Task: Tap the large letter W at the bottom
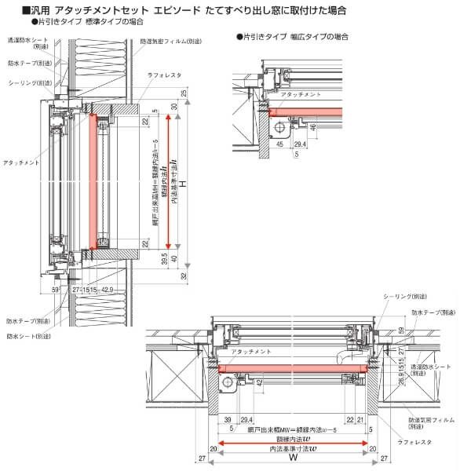(292, 458)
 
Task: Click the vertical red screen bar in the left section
(92, 181)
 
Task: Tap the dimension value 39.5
(163, 259)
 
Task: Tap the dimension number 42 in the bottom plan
(258, 382)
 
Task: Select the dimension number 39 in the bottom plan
(227, 420)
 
